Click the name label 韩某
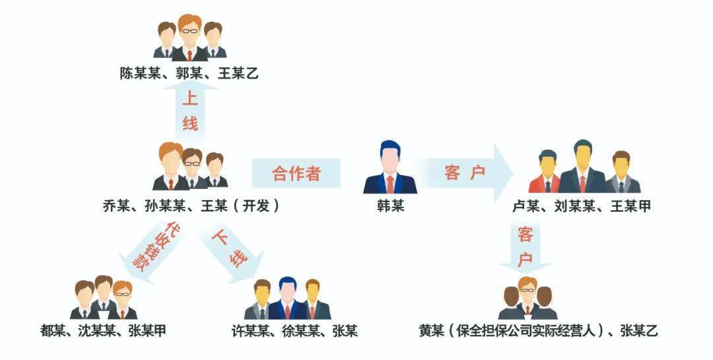[390, 206]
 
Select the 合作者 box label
[296, 173]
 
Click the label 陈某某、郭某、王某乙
[189, 73]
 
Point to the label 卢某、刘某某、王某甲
[582, 206]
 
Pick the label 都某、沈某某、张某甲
[103, 330]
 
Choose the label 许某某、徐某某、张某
[294, 330]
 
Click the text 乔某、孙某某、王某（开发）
[191, 206]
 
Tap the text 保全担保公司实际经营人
[527, 330]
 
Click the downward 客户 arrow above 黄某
[526, 248]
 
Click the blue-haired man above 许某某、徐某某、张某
[287, 298]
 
